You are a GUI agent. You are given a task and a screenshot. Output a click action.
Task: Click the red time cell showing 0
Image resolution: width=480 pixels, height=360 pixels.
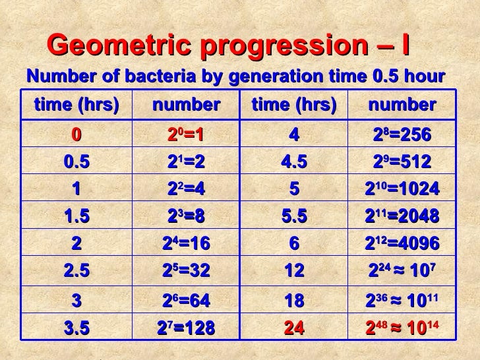76,135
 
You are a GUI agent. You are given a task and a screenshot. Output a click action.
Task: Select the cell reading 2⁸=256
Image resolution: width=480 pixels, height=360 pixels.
402,135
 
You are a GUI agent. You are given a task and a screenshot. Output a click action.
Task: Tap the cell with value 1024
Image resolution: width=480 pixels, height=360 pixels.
402,189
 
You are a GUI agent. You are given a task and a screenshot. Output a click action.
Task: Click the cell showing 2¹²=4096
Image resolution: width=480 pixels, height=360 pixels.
402,243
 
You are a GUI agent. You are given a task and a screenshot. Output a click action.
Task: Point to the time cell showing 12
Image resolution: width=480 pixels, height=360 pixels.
294,271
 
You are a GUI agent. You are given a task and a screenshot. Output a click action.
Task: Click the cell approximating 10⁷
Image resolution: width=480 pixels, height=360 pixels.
402,271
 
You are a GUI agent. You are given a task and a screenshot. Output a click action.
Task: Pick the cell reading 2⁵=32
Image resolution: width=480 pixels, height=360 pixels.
185,271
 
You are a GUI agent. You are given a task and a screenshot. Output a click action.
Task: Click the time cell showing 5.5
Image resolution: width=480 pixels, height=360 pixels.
294,216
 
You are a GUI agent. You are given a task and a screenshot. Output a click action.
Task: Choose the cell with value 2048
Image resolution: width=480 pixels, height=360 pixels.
402,216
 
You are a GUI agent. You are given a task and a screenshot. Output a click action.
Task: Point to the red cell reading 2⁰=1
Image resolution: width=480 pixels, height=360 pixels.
185,135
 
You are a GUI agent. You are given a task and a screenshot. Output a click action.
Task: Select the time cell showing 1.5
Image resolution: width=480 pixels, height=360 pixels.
76,216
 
